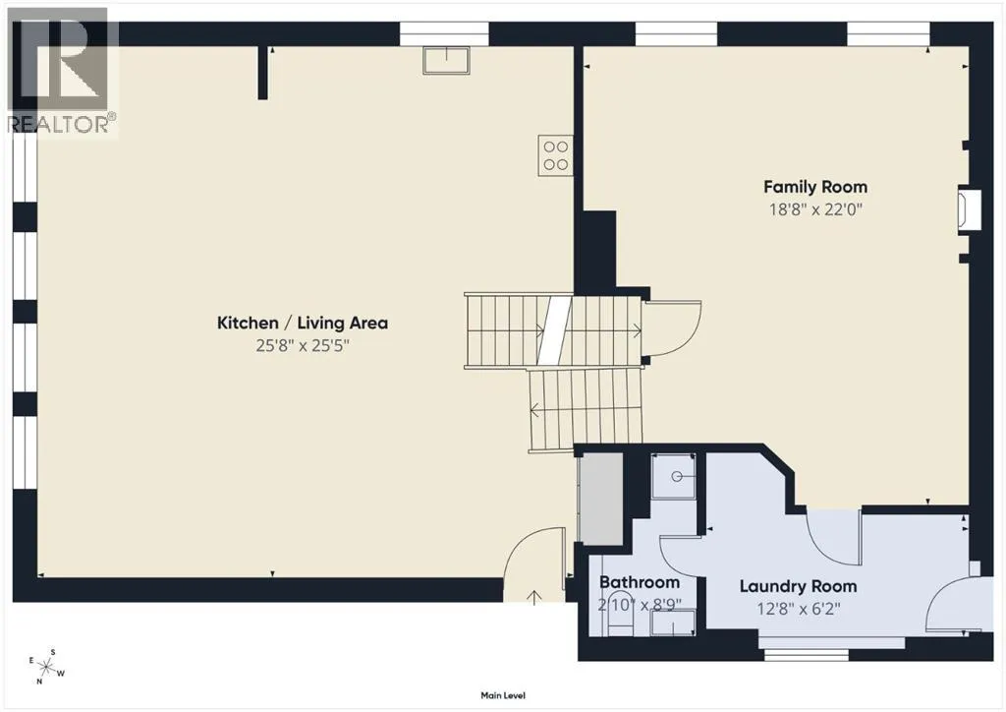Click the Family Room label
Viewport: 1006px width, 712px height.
click(814, 187)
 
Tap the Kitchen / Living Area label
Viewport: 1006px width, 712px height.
click(303, 323)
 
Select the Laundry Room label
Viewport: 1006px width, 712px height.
click(798, 586)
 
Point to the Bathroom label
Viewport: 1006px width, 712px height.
click(639, 582)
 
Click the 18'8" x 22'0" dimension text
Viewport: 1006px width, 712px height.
click(814, 209)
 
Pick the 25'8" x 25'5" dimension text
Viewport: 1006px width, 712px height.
click(303, 346)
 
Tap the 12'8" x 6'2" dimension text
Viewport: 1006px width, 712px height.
click(798, 609)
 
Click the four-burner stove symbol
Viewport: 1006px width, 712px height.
click(556, 155)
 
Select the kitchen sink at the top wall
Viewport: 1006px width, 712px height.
click(446, 60)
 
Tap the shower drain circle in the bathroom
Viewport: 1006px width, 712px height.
click(677, 476)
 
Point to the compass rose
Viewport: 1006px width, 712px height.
click(47, 667)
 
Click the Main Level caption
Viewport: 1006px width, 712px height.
click(503, 695)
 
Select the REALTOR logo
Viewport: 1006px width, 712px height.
click(60, 71)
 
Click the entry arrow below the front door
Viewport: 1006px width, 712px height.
click(533, 597)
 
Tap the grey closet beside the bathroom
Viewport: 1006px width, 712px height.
click(601, 499)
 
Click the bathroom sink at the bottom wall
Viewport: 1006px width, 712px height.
click(673, 623)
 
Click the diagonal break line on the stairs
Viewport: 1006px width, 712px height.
click(554, 330)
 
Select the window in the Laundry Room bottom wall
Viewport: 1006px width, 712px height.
click(807, 654)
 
